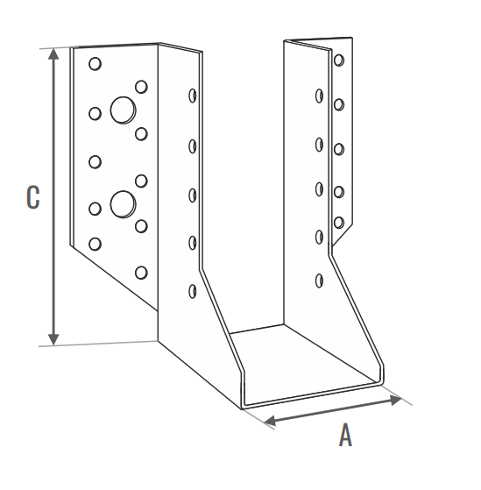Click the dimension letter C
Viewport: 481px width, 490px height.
point(33,197)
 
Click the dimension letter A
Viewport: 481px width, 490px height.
point(345,435)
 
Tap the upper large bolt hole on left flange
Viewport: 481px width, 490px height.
point(123,110)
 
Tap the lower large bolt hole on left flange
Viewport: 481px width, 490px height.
point(123,204)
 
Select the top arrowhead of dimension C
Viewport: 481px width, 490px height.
point(53,53)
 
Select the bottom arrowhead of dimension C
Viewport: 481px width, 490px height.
point(53,340)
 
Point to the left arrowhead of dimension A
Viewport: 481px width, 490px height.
point(270,420)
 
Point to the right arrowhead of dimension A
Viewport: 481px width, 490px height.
point(396,400)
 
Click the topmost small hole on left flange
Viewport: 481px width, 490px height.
point(95,64)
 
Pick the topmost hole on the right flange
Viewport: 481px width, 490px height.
point(339,60)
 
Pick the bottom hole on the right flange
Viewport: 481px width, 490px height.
point(339,223)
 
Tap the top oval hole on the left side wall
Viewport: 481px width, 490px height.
point(193,96)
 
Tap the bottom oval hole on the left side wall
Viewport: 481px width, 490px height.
point(193,291)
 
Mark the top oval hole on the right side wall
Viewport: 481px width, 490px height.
point(319,96)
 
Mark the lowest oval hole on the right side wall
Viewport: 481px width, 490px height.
point(319,281)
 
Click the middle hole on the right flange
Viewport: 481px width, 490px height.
point(339,149)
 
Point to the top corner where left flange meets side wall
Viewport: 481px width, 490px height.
point(158,44)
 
